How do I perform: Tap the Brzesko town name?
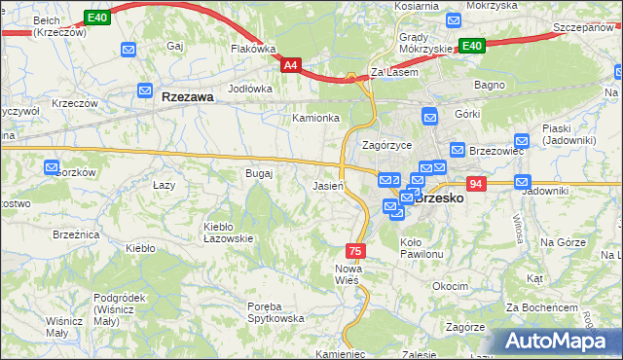(443, 198)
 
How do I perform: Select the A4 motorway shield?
(291, 65)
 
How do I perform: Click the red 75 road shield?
(356, 251)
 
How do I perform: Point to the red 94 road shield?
(475, 184)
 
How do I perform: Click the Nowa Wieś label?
(348, 273)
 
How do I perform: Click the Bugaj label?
(259, 173)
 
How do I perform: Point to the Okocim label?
(451, 287)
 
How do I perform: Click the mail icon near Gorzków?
(52, 168)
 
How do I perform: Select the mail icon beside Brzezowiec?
(456, 151)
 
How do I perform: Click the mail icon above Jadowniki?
(522, 181)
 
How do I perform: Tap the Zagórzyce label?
(386, 145)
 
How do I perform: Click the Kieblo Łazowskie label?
(228, 233)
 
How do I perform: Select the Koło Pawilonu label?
(421, 248)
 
